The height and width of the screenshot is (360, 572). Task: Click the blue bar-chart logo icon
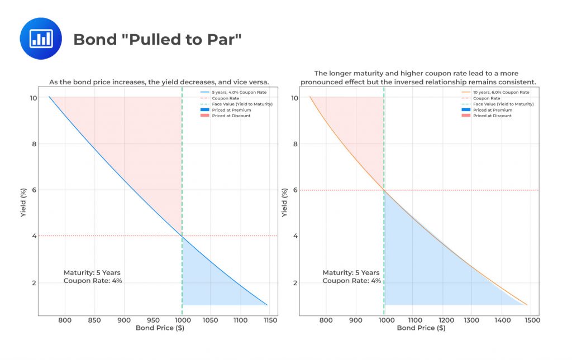pos(41,39)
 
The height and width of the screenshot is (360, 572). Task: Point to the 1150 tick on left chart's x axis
pos(269,320)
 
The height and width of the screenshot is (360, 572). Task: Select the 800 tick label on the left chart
pos(65,320)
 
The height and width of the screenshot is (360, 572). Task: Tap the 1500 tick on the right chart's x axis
pos(532,320)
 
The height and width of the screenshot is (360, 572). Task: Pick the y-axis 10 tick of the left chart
pos(33,98)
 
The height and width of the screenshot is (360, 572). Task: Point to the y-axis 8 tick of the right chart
pos(295,144)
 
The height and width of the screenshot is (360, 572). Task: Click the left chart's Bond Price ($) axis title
pos(160,328)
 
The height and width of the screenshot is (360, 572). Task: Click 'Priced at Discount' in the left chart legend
pos(231,116)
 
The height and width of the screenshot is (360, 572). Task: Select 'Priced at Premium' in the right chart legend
pos(492,110)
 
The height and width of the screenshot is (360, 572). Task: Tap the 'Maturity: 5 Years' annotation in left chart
pos(92,272)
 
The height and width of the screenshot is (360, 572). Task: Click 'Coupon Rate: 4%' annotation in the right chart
pos(351,281)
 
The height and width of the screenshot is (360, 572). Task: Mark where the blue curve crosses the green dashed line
pos(182,237)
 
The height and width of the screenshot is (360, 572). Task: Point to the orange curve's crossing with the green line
pos(384,190)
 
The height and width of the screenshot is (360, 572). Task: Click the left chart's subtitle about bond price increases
pos(159,83)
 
